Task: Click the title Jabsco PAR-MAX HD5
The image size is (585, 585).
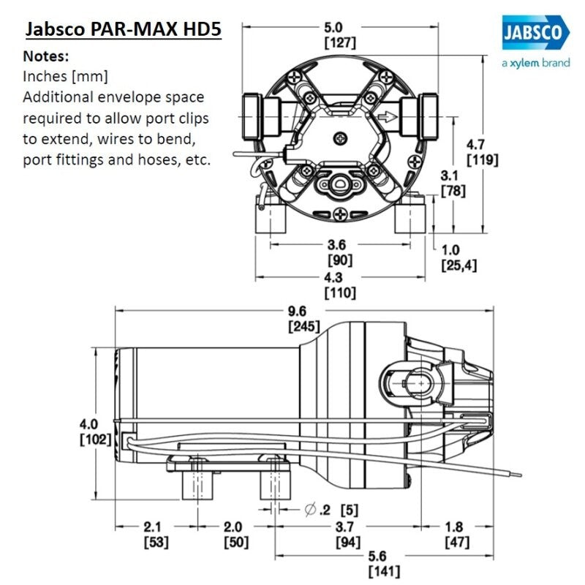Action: point(123,31)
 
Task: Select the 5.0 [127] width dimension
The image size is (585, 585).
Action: point(340,36)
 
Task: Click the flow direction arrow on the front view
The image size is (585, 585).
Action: point(388,116)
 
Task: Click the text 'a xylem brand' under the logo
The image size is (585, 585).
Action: point(535,64)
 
